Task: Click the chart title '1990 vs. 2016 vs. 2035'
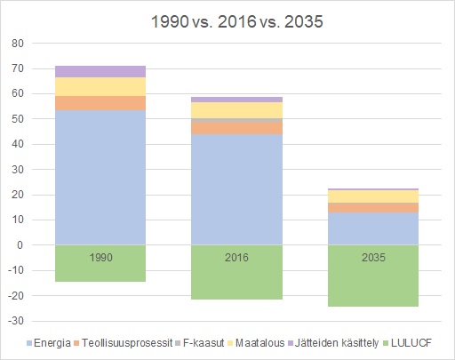[x=236, y=21]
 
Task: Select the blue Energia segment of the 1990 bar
[x=100, y=178]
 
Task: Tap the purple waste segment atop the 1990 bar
[x=100, y=71]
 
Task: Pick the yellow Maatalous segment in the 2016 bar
[x=236, y=110]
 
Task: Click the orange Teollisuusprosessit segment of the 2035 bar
[x=373, y=208]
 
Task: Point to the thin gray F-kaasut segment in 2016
[x=236, y=120]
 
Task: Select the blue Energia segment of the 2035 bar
[x=373, y=228]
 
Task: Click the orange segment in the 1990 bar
[x=100, y=103]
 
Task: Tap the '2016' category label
[x=236, y=257]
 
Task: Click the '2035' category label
[x=373, y=257]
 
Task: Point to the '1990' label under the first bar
[x=100, y=257]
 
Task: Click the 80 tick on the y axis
[x=18, y=44]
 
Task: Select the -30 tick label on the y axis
[x=16, y=321]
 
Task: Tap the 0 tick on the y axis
[x=20, y=245]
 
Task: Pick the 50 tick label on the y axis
[x=18, y=119]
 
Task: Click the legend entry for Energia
[x=49, y=343]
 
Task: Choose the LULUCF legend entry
[x=407, y=343]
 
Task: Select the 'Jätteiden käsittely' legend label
[x=337, y=343]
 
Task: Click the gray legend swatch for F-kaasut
[x=178, y=343]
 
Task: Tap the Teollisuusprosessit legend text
[x=127, y=343]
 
